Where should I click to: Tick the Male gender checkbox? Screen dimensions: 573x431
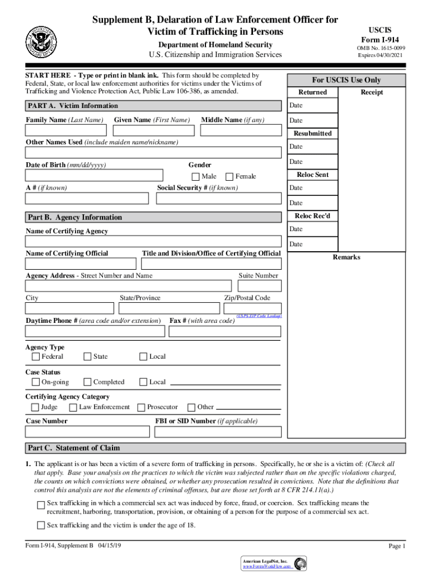[x=196, y=176]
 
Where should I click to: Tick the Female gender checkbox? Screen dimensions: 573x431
[x=230, y=176]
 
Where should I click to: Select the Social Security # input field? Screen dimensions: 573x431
[x=219, y=199]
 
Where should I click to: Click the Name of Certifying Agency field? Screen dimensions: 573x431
[x=153, y=242]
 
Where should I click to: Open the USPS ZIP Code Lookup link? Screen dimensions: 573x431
[x=259, y=316]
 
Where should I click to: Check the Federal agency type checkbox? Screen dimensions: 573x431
[x=36, y=356]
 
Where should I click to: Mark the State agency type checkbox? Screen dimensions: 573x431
[x=87, y=356]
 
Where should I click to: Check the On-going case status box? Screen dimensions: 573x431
[x=36, y=382]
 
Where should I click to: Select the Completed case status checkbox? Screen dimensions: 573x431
[x=87, y=382]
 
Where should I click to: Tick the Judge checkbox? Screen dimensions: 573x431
[x=36, y=407]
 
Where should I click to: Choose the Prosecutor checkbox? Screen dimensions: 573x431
[x=142, y=407]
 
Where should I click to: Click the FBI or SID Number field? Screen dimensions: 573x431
[x=218, y=431]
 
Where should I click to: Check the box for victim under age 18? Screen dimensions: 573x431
[x=41, y=525]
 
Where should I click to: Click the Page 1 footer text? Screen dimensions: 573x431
[x=396, y=546]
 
